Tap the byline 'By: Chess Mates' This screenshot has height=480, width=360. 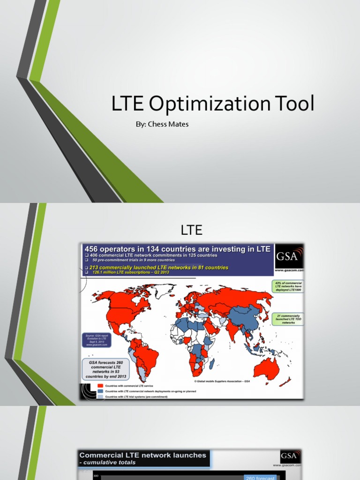tap(161, 124)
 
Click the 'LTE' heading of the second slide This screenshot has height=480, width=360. tap(191, 230)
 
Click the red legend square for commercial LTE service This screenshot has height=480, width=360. tap(99, 385)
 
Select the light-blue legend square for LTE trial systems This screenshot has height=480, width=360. tap(99, 397)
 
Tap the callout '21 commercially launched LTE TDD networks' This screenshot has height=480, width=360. tap(288, 319)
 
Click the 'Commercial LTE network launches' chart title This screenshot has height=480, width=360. tap(142, 455)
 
